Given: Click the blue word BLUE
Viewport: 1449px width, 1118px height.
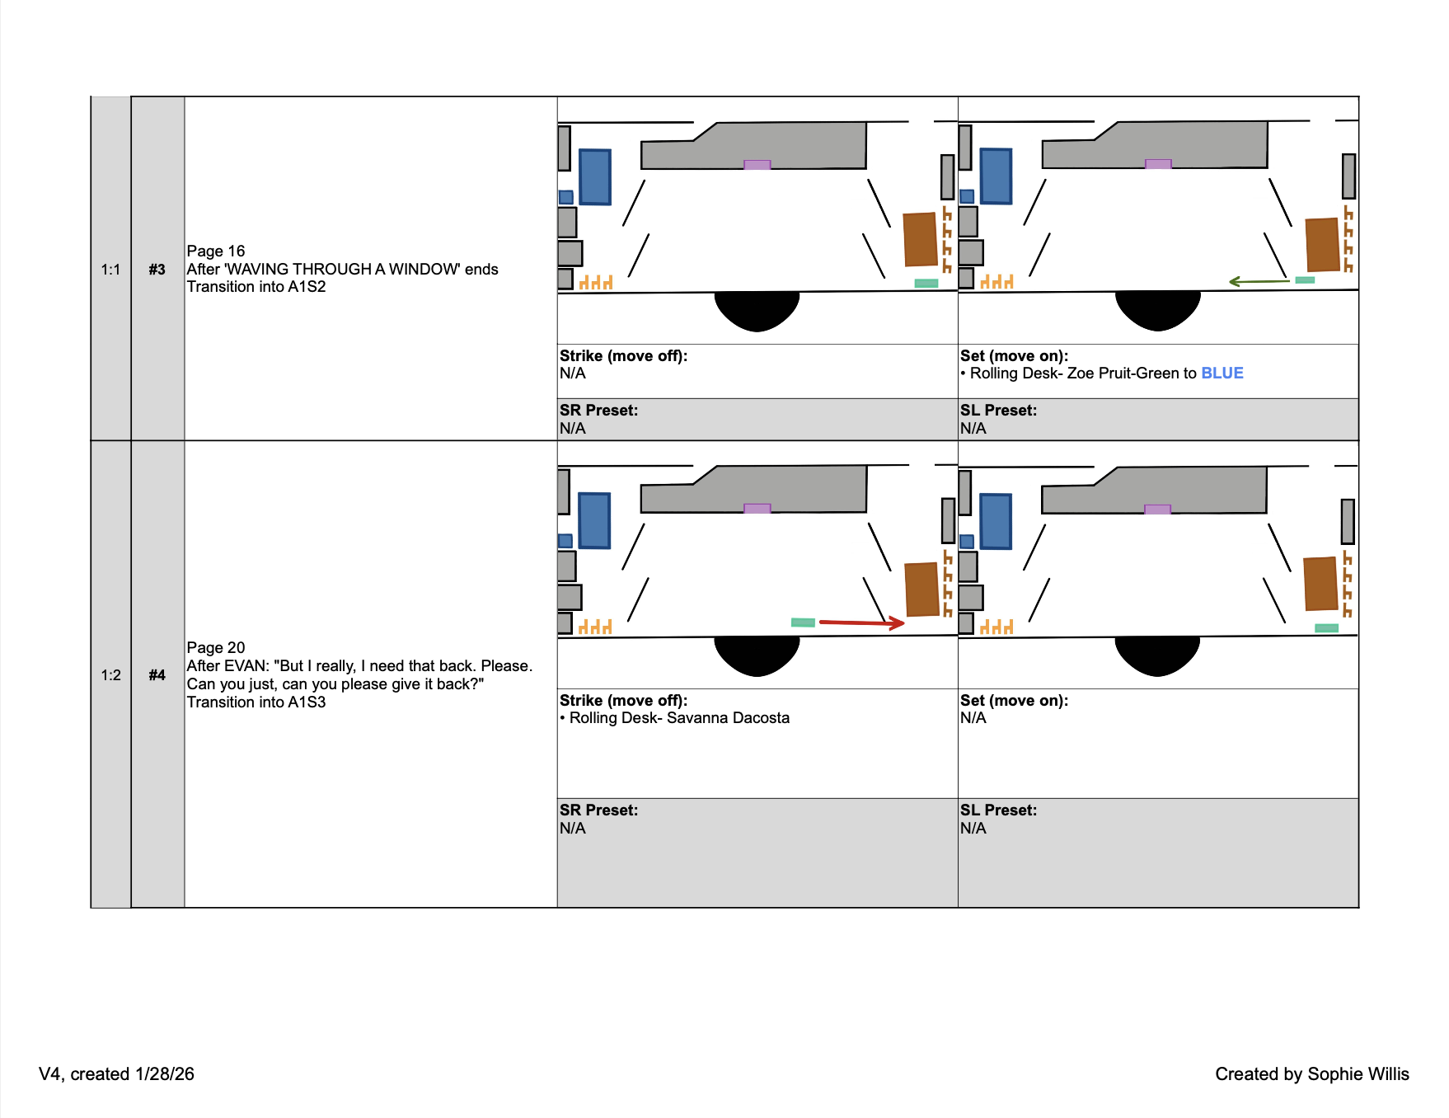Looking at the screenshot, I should [x=1222, y=373].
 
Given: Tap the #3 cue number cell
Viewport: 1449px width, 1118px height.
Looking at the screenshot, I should [x=157, y=270].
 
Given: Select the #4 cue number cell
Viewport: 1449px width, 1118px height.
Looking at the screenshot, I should [x=157, y=675].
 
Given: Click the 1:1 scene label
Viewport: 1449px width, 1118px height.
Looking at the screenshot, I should [x=110, y=270].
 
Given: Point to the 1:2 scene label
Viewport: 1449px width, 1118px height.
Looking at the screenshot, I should [x=110, y=675].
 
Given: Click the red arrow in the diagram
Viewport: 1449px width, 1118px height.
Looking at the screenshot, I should [x=861, y=622].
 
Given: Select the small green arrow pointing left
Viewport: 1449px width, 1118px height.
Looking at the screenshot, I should [x=1259, y=282].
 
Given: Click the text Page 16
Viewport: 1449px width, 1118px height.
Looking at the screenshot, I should [x=216, y=251].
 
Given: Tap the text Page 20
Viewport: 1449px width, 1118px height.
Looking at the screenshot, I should [x=216, y=648].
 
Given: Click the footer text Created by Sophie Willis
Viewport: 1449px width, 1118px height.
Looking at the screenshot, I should [x=1311, y=1074].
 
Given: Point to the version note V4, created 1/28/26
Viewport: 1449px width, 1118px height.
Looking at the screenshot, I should [x=116, y=1074].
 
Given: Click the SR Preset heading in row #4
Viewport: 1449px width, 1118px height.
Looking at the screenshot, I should [x=598, y=810].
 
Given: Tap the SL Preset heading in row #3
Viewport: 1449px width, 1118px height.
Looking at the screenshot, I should [x=998, y=411].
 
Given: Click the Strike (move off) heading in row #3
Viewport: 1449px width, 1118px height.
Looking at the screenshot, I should [x=623, y=356].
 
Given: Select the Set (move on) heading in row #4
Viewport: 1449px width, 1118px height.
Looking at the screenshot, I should [x=1014, y=701].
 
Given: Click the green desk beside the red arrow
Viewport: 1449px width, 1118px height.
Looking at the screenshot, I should [x=803, y=622].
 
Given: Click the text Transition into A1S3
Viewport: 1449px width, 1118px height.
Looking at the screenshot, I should [x=256, y=702].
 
